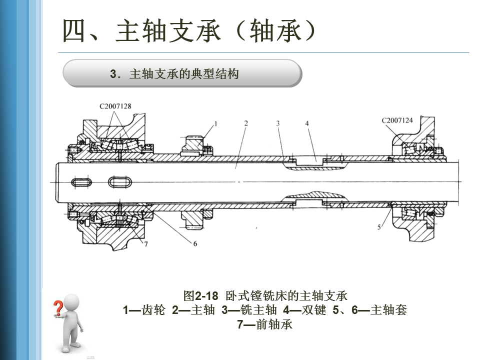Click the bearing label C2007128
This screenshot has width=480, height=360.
coord(115,106)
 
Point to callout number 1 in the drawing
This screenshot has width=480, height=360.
coord(215,122)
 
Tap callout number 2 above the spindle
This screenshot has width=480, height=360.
coord(246,122)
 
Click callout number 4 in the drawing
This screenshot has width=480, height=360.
coord(307,122)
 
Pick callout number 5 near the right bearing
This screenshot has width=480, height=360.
coord(379,227)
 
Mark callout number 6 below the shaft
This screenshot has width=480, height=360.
coord(194,243)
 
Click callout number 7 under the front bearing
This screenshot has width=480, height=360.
coord(145,244)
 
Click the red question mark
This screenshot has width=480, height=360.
coord(58,307)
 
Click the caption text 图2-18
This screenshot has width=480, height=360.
coord(201,295)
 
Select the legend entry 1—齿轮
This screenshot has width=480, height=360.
coord(144,310)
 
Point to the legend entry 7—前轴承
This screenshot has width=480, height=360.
coord(264,324)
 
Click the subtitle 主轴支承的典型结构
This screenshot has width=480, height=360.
coord(183,74)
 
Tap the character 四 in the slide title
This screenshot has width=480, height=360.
coord(75,31)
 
